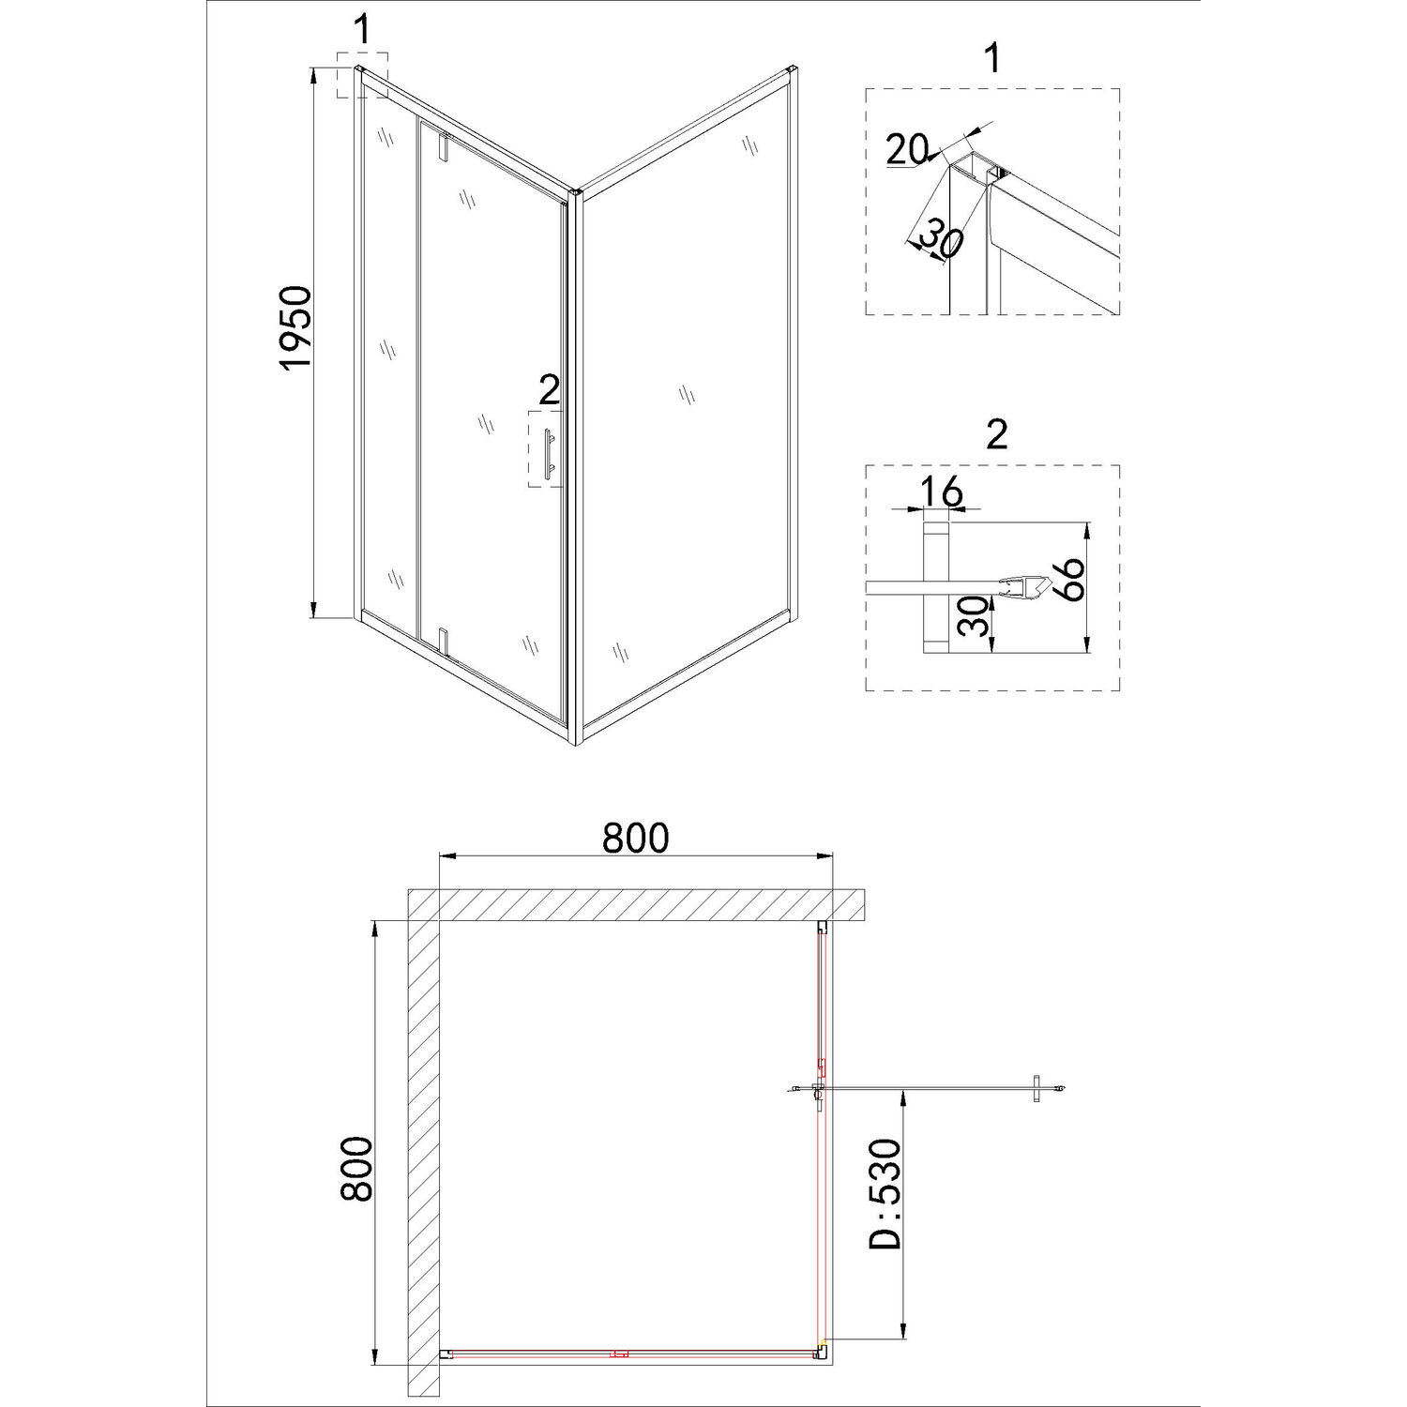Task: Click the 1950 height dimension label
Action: click(295, 328)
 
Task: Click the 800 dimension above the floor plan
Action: click(635, 837)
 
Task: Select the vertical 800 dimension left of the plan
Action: click(357, 1169)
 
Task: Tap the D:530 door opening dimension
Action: click(885, 1193)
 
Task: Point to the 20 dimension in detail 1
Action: click(906, 148)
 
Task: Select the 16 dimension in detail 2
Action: click(941, 491)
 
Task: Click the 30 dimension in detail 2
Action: click(976, 616)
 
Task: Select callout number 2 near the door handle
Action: click(549, 388)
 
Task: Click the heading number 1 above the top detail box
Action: click(992, 58)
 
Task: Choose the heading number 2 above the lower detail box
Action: click(996, 434)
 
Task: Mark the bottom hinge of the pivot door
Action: click(445, 641)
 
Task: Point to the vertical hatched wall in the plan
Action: click(424, 1154)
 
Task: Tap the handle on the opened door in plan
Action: click(1036, 1088)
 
